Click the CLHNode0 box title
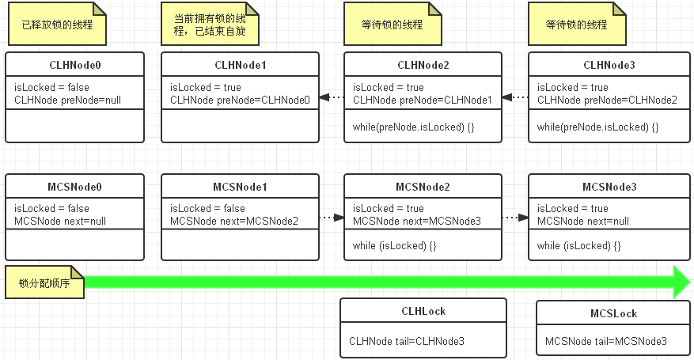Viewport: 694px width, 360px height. (75, 65)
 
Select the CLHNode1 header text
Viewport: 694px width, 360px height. (241, 65)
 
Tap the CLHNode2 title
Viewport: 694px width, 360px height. (423, 65)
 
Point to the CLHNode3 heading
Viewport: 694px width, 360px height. (608, 65)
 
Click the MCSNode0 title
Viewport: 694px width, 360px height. (75, 187)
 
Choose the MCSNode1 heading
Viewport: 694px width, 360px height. (241, 187)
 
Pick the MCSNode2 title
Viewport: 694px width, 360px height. (423, 187)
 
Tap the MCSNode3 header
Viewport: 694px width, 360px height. (608, 187)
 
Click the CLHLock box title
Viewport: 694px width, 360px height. (423, 311)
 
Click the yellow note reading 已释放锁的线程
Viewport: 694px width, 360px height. (57, 25)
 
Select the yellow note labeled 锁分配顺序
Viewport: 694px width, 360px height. (45, 282)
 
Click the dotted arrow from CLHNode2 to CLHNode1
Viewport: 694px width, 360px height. (332, 97)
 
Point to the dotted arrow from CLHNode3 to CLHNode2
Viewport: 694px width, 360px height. (515, 97)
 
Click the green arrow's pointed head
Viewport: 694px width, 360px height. (681, 282)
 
